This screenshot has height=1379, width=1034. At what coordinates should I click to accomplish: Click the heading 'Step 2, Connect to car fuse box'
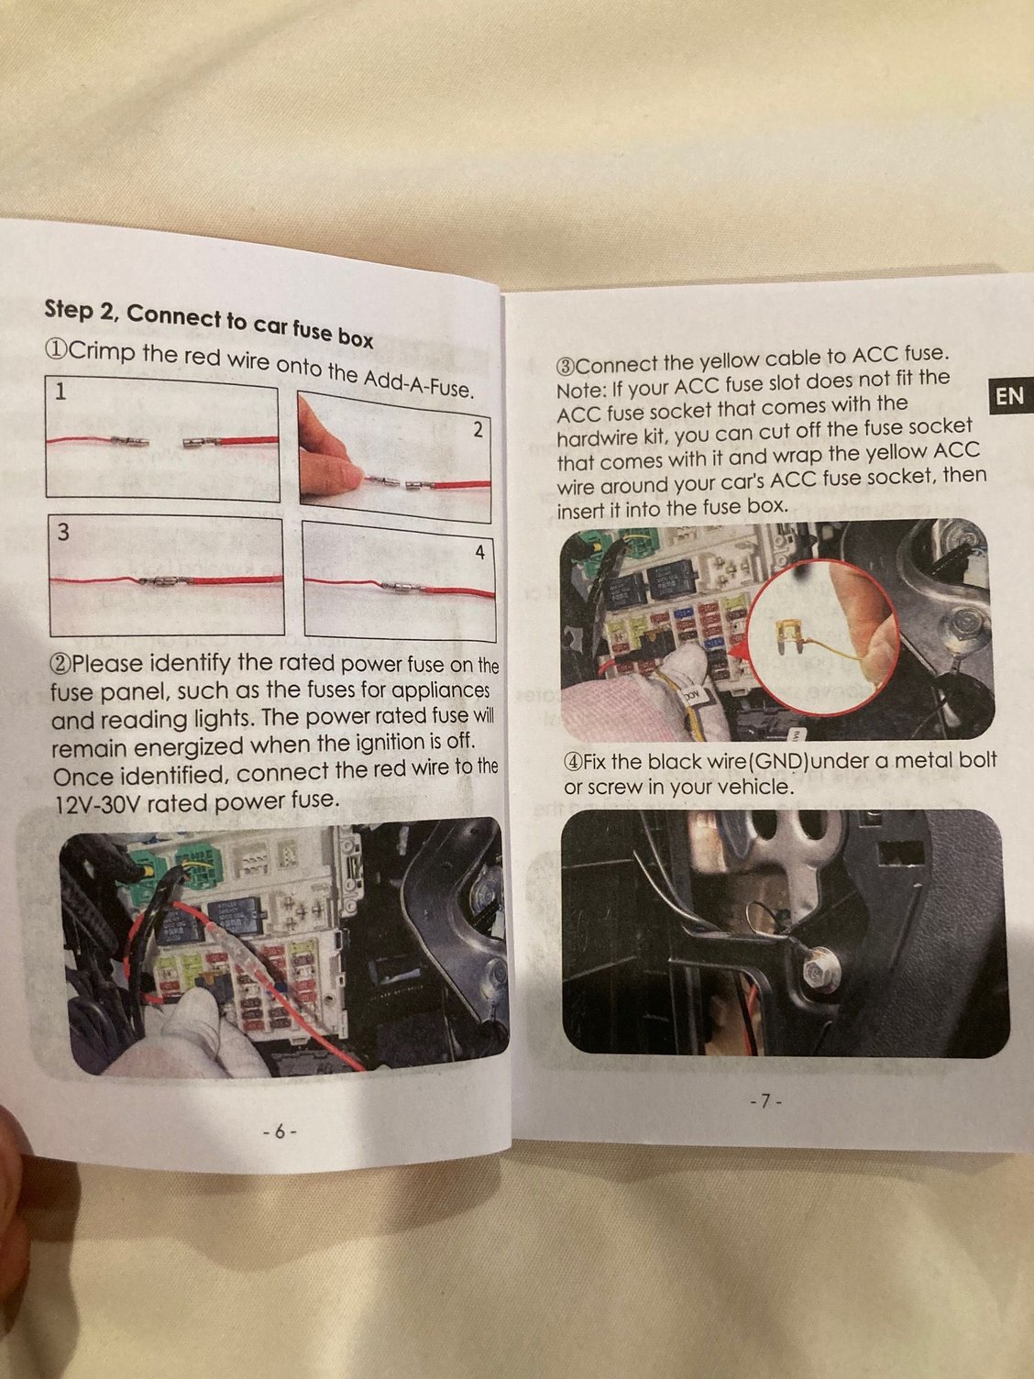tap(208, 323)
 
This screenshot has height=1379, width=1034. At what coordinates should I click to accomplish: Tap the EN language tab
tap(1008, 396)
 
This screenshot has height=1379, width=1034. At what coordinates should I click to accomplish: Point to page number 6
tap(280, 1131)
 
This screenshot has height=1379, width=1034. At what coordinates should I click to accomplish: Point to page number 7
tap(764, 1101)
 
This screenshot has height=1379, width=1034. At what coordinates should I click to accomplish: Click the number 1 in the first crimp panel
tap(60, 392)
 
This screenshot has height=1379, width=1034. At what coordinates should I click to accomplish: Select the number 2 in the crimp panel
tap(478, 429)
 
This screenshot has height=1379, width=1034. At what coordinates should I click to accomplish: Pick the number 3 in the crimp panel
tap(62, 533)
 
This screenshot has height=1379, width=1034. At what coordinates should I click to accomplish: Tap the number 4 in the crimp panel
tap(479, 552)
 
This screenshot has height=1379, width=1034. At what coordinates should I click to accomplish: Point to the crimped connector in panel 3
tap(165, 581)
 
